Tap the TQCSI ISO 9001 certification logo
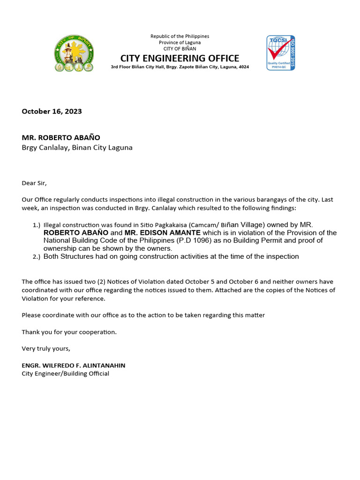[281, 52]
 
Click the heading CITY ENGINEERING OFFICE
[180, 58]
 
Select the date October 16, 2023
[52, 111]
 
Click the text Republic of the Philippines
[180, 37]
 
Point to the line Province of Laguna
[180, 43]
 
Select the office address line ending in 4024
[180, 67]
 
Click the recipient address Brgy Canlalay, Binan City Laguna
[77, 148]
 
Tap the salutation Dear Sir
[34, 183]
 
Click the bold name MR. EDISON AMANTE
[162, 233]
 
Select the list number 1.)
[36, 225]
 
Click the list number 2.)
[36, 257]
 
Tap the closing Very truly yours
[45, 348]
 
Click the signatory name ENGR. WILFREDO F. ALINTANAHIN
[73, 365]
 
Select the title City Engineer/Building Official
[65, 374]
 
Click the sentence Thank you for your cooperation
[69, 332]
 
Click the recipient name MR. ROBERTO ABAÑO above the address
[61, 138]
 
